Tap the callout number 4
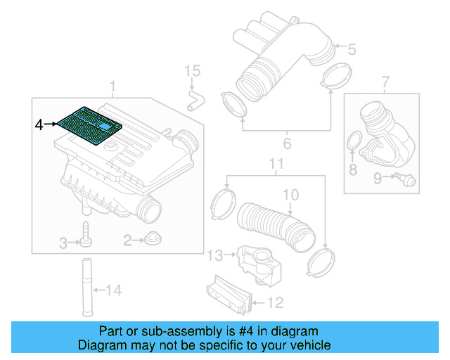coord(39,124)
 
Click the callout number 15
coord(192,71)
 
